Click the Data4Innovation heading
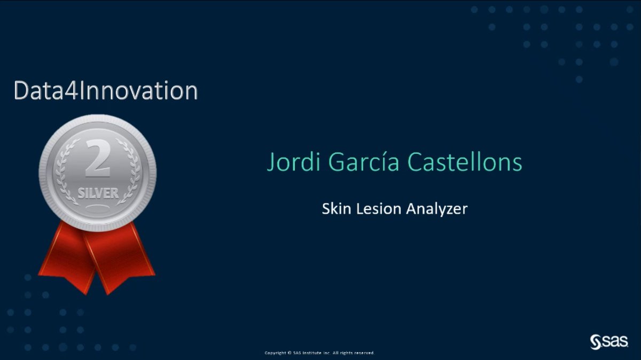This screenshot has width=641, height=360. point(105,91)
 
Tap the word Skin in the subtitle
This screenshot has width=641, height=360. point(333,209)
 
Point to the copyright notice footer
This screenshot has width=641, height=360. point(319,353)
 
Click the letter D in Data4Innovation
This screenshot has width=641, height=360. point(21,91)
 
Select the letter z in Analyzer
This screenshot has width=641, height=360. point(448,209)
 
